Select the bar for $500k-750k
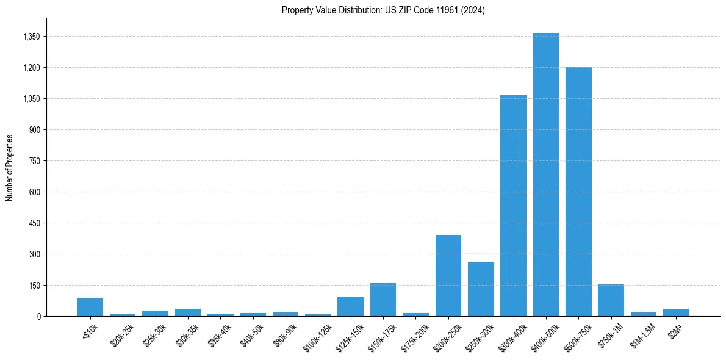tap(578, 192)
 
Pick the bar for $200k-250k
tap(448, 275)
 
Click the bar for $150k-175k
tap(383, 300)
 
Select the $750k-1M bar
tap(611, 300)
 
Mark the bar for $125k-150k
tap(350, 306)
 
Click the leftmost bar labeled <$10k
tap(90, 307)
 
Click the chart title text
tap(383, 10)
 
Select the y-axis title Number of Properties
tap(10, 167)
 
